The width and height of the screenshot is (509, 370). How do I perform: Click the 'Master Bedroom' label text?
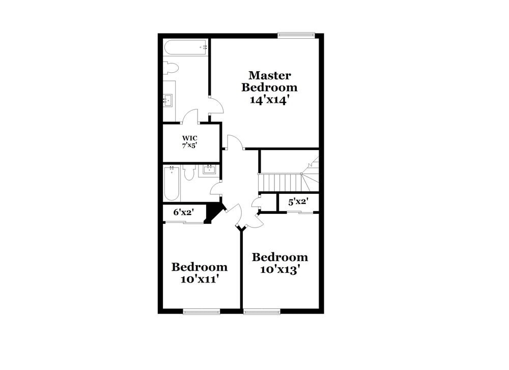[x=269, y=81]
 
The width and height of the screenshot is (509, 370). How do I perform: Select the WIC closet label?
[x=190, y=138]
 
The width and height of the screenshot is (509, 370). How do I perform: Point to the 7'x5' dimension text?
[x=190, y=145]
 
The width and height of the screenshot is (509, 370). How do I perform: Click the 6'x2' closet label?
[x=183, y=212]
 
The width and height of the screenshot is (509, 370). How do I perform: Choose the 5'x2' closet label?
[x=298, y=202]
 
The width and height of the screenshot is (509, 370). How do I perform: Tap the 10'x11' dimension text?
[x=200, y=279]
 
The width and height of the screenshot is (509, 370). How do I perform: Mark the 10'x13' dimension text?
[x=280, y=269]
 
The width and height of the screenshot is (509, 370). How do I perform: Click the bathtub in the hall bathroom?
[x=172, y=184]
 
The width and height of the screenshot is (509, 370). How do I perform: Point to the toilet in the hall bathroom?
[x=189, y=174]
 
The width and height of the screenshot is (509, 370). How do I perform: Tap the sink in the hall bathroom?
[x=209, y=169]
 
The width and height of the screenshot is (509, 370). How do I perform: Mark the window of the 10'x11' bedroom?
[x=202, y=310]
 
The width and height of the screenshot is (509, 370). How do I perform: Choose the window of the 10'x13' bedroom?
[x=262, y=310]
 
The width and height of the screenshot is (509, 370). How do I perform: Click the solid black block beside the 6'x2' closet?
[x=213, y=211]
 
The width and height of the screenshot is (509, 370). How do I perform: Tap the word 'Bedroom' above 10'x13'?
[x=280, y=257]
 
